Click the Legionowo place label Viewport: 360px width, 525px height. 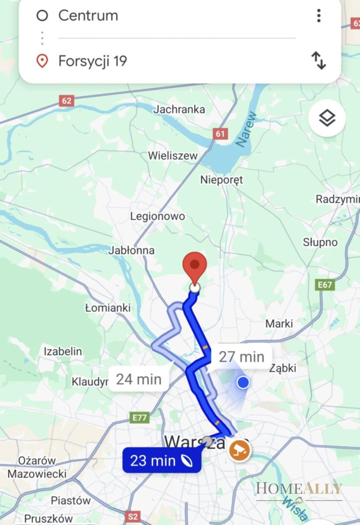157,216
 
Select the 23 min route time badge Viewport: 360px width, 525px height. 161,460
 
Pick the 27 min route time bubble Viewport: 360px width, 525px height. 241,357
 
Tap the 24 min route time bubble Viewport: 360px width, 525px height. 139,379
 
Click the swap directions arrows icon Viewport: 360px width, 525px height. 318,60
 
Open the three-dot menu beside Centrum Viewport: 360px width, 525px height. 318,16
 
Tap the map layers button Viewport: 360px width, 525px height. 327,118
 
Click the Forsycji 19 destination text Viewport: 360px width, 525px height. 92,61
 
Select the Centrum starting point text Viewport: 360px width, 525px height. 88,16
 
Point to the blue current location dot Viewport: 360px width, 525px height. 243,383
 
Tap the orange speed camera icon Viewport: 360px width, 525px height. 240,450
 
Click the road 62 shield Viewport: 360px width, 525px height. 66,101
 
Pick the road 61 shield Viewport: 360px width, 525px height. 220,133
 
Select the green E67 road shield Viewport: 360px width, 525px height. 325,285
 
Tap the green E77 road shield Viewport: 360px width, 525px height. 140,417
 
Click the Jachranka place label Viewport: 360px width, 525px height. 179,109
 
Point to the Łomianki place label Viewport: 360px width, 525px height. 108,308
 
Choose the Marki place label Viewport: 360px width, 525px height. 279,324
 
